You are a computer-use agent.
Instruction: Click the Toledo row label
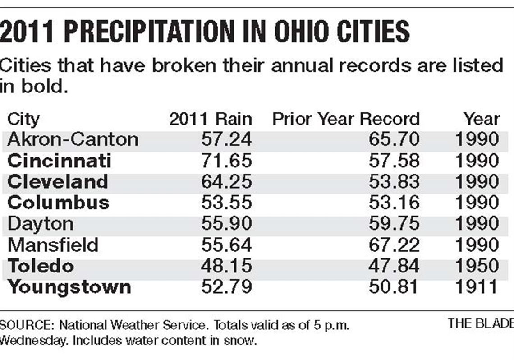click(x=41, y=266)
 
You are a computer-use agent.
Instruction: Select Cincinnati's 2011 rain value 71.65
click(x=226, y=161)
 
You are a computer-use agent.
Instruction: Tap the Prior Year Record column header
click(x=346, y=119)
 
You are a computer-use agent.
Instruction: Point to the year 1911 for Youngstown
click(x=477, y=287)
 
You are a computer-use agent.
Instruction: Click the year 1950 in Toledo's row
click(x=477, y=266)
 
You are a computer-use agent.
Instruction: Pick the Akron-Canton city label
click(x=73, y=139)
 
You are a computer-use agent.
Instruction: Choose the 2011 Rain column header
click(x=211, y=119)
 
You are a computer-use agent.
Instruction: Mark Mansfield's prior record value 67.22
click(x=394, y=245)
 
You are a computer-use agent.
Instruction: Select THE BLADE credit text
click(x=481, y=323)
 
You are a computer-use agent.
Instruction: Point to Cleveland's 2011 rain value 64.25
click(x=226, y=182)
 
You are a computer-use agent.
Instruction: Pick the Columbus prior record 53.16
click(x=394, y=203)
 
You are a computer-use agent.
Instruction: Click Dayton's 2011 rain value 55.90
click(x=226, y=224)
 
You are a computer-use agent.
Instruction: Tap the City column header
click(x=23, y=120)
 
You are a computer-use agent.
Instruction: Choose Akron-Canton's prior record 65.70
click(x=394, y=139)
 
